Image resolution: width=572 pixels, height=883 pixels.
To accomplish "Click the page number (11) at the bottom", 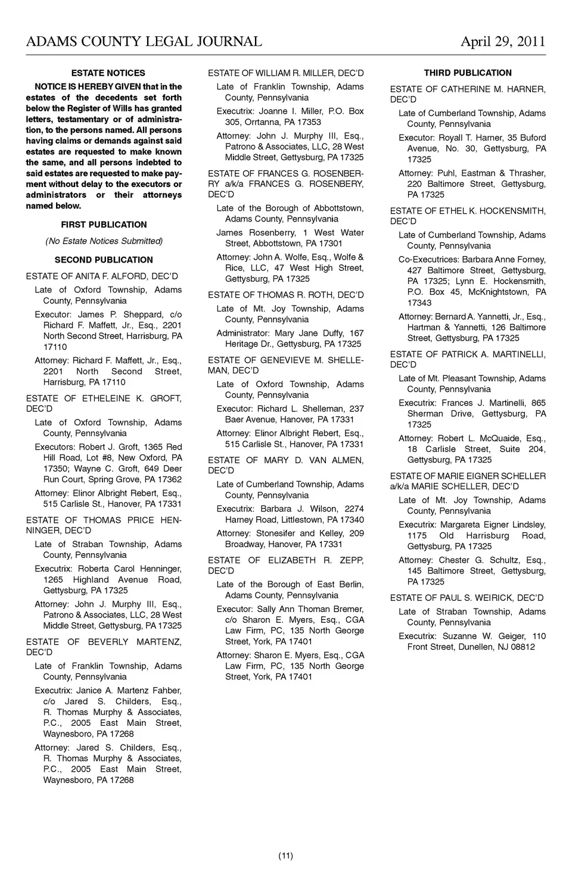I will click(285, 856).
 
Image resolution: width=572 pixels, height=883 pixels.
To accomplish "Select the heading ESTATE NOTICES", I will click(108, 73).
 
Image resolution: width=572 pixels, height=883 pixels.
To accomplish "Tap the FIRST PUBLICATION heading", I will click(104, 224).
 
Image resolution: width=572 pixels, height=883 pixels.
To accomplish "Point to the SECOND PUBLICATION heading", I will click(104, 260).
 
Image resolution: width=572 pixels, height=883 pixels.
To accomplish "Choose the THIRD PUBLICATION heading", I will click(468, 73).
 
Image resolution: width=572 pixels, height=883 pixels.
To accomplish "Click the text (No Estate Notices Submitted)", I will click(104, 241).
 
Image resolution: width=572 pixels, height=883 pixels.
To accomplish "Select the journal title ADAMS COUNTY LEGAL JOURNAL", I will click(144, 42).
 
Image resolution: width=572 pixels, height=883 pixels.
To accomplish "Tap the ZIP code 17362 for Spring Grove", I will click(170, 479).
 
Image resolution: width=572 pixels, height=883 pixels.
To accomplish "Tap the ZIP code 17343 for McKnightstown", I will click(419, 302).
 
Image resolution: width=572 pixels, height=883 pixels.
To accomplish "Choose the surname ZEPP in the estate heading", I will click(351, 560).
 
